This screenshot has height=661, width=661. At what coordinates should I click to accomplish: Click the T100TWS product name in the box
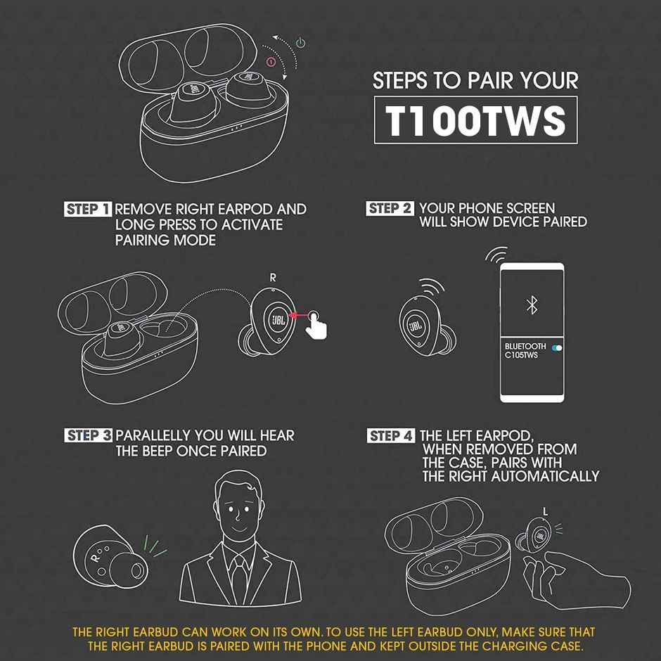coord(476,120)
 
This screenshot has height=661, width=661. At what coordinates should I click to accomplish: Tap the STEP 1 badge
coord(88,210)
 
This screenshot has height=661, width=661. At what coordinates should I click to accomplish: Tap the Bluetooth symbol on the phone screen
coord(532,304)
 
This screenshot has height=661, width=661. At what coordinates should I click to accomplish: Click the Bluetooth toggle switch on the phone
coord(557,347)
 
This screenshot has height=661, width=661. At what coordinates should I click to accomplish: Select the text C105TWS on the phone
coord(521,356)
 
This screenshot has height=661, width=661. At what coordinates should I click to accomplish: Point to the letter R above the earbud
coord(273,278)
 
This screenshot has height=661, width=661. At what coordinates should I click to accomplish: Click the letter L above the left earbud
coord(545,511)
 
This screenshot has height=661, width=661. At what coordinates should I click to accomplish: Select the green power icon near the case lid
coord(300,43)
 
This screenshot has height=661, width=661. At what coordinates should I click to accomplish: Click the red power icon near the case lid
coord(271,62)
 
